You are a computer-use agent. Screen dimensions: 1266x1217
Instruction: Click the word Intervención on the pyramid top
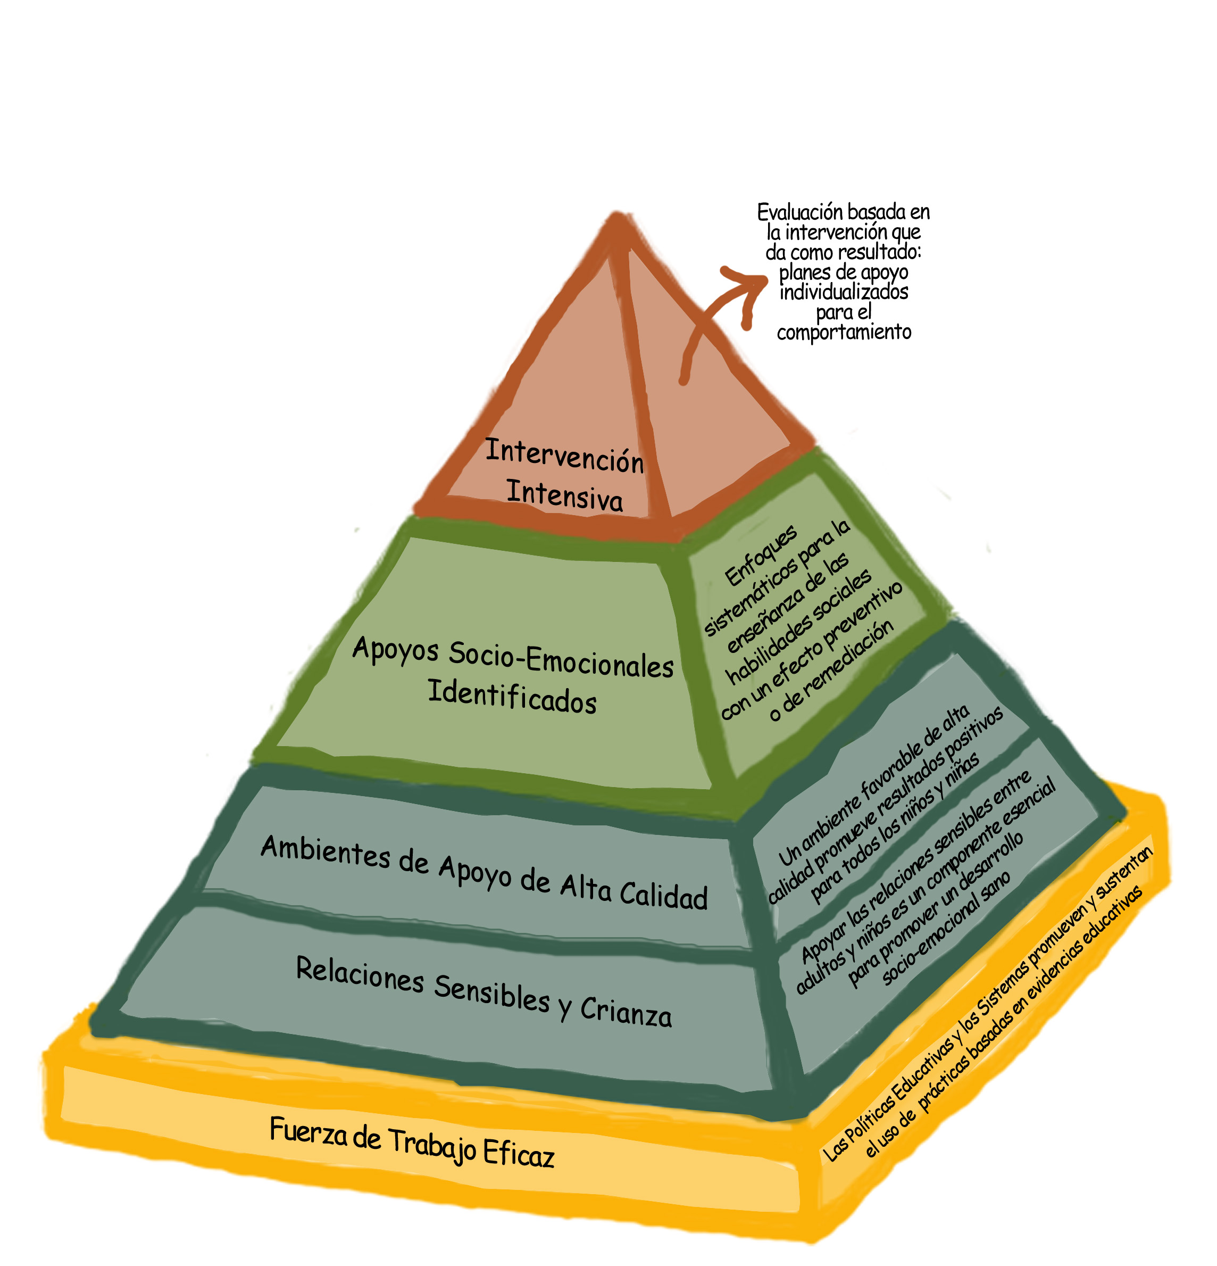click(564, 456)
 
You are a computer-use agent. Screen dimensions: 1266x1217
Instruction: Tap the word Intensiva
click(564, 495)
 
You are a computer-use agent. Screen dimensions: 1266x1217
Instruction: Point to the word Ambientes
click(325, 851)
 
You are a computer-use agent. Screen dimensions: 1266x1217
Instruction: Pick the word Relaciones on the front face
click(359, 974)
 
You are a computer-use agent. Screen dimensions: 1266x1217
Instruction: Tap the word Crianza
click(625, 1011)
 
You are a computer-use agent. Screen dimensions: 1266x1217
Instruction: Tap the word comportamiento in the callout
click(843, 333)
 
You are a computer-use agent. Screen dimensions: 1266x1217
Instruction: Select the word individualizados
click(843, 293)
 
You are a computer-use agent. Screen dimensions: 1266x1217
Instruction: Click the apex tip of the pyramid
click(617, 218)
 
